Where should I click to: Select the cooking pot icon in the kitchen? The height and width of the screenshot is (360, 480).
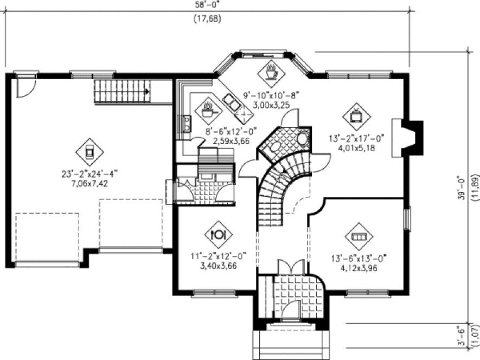208,111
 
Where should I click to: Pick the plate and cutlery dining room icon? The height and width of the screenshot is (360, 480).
218,234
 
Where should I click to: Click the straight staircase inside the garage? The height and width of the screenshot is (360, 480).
123,90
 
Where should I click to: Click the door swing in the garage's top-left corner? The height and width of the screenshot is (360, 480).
25,87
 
